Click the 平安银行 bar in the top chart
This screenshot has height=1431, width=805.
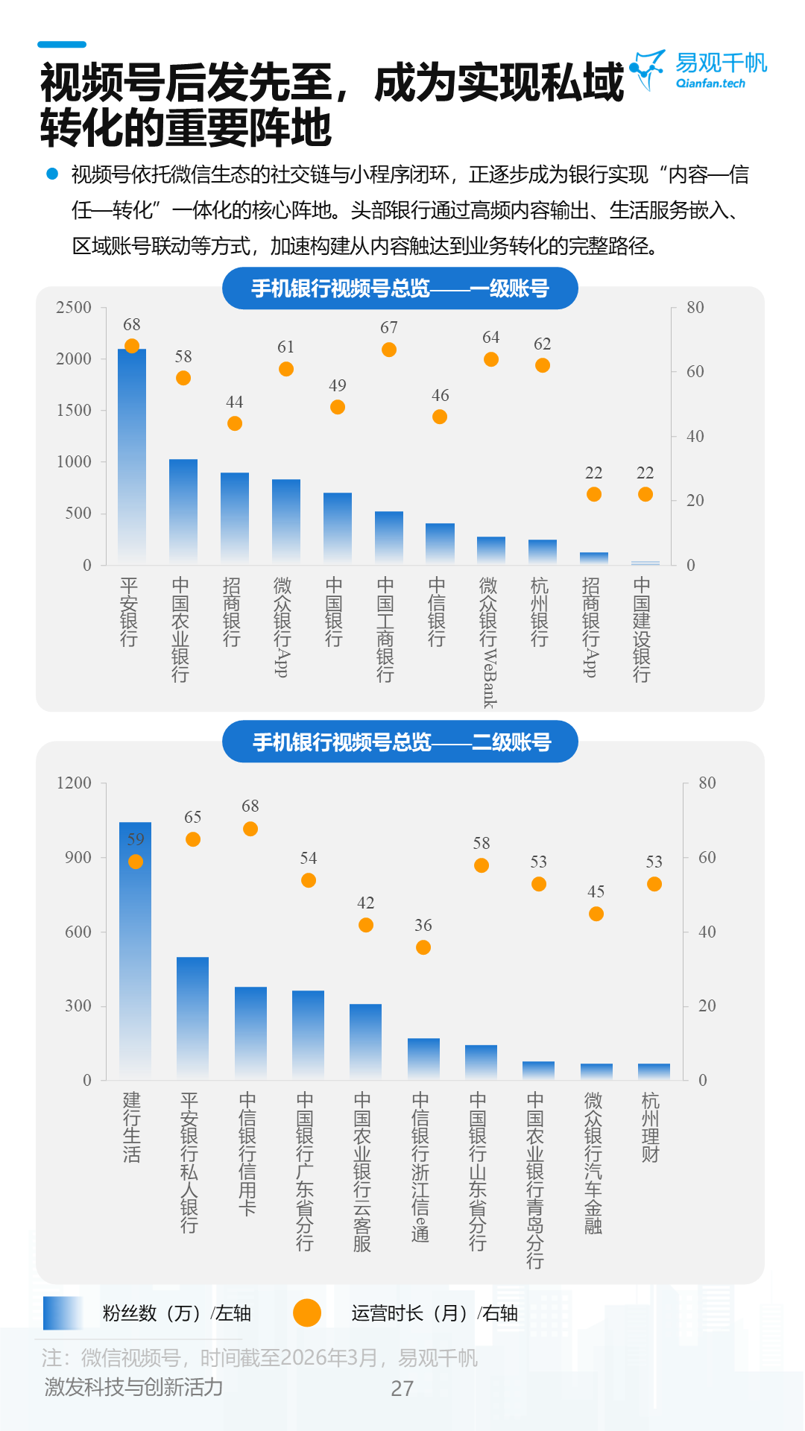pyautogui.click(x=132, y=455)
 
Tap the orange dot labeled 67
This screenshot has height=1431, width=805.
pyautogui.click(x=389, y=350)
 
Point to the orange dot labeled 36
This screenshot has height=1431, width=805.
pyautogui.click(x=423, y=947)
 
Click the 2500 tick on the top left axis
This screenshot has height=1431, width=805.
pyautogui.click(x=74, y=308)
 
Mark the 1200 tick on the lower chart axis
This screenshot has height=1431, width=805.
pyautogui.click(x=74, y=783)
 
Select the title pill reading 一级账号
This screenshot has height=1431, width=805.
pyautogui.click(x=400, y=288)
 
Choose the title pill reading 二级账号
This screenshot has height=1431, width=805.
pyautogui.click(x=400, y=742)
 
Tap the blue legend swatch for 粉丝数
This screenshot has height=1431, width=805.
pyautogui.click(x=63, y=1313)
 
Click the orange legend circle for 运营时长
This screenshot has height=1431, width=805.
pyautogui.click(x=307, y=1313)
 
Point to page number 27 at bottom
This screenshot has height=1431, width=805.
pyautogui.click(x=402, y=1389)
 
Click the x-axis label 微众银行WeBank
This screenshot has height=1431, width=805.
pyautogui.click(x=489, y=641)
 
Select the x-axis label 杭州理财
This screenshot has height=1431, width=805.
pyautogui.click(x=651, y=1127)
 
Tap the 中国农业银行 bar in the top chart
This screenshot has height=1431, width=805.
pyautogui.click(x=183, y=511)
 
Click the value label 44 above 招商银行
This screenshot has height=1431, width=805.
pyautogui.click(x=235, y=402)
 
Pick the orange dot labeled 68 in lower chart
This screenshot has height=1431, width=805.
pyautogui.click(x=250, y=829)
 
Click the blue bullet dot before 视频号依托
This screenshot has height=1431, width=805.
pyautogui.click(x=52, y=174)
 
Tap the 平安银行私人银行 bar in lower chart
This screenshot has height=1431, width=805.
pyautogui.click(x=192, y=1018)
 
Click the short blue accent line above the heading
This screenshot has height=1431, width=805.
pyautogui.click(x=62, y=45)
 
